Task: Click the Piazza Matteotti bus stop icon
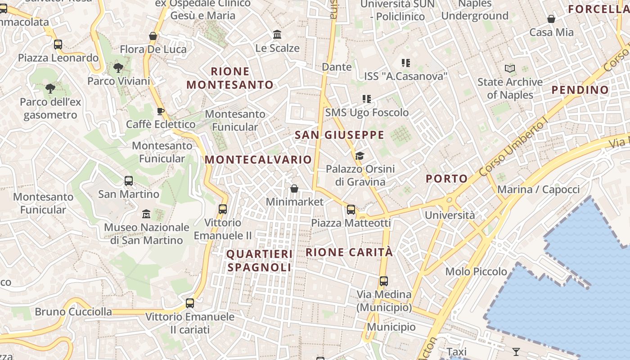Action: click(351, 209)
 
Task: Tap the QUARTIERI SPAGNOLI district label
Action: click(259, 261)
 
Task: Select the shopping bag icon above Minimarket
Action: click(294, 189)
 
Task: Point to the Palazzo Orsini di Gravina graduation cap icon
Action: click(360, 156)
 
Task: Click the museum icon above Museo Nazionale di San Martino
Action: click(146, 213)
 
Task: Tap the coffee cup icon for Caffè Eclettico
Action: click(161, 111)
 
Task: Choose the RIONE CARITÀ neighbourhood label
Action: click(349, 252)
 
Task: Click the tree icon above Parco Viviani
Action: click(118, 68)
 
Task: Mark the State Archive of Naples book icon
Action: click(510, 68)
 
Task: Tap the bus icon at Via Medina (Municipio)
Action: click(384, 281)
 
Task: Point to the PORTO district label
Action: click(447, 179)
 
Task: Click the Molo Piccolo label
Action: click(476, 271)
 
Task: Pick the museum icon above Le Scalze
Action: click(277, 35)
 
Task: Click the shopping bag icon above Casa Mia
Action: click(551, 19)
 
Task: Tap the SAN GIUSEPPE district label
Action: click(340, 135)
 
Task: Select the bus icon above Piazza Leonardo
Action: click(58, 45)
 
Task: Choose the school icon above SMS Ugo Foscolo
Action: click(367, 99)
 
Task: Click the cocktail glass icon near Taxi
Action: click(516, 351)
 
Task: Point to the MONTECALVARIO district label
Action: click(258, 160)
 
